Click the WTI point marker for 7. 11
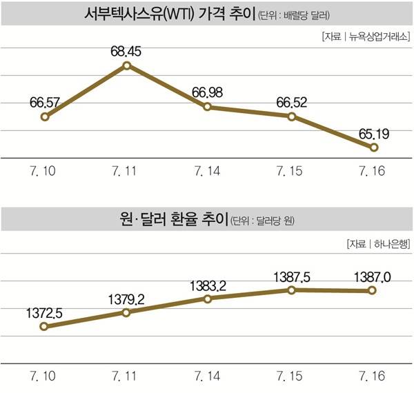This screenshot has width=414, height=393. tap(126, 65)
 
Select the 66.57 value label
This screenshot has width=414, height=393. tap(45, 103)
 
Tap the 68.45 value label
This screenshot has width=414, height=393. tap(126, 50)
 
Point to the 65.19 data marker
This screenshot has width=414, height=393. tap(374, 148)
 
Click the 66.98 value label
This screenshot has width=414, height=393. tap(208, 92)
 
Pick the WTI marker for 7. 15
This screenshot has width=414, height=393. tap(292, 117)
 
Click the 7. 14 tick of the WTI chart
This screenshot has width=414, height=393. tap(208, 170)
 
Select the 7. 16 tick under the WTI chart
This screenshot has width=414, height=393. tap(374, 170)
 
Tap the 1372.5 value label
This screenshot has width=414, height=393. tap(45, 312)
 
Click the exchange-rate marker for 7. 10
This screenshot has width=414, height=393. tap(45, 327)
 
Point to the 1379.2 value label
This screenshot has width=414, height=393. tap(126, 299)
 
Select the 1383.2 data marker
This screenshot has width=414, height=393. tap(208, 299)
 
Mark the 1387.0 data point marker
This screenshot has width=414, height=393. tap(373, 291)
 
